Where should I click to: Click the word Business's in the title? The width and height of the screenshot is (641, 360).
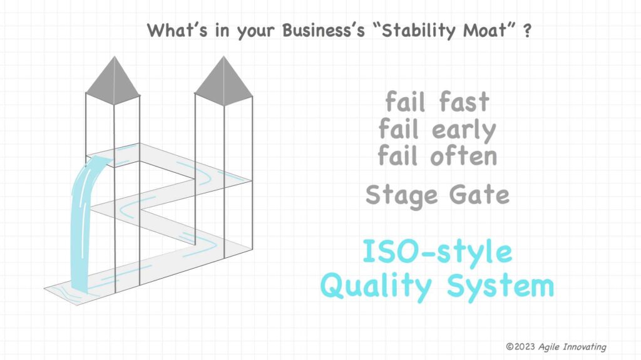324,30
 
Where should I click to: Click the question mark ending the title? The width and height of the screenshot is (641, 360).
528,31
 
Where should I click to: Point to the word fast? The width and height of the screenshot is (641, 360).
464,101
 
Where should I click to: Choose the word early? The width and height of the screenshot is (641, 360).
464,130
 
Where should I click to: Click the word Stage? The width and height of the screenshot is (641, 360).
403,195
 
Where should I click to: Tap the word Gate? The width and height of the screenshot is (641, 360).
479,194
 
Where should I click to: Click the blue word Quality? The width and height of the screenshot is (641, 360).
376,287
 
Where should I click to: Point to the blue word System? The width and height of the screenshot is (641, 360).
500,287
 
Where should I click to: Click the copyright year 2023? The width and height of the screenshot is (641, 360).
525,347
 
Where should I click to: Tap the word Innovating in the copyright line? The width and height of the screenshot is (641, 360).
585,347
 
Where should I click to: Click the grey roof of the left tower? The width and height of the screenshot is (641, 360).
113,80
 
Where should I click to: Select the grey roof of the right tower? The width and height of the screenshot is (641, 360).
223,81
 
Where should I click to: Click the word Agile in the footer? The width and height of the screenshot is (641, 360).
549,347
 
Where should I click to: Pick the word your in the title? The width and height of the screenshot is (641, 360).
255,32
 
